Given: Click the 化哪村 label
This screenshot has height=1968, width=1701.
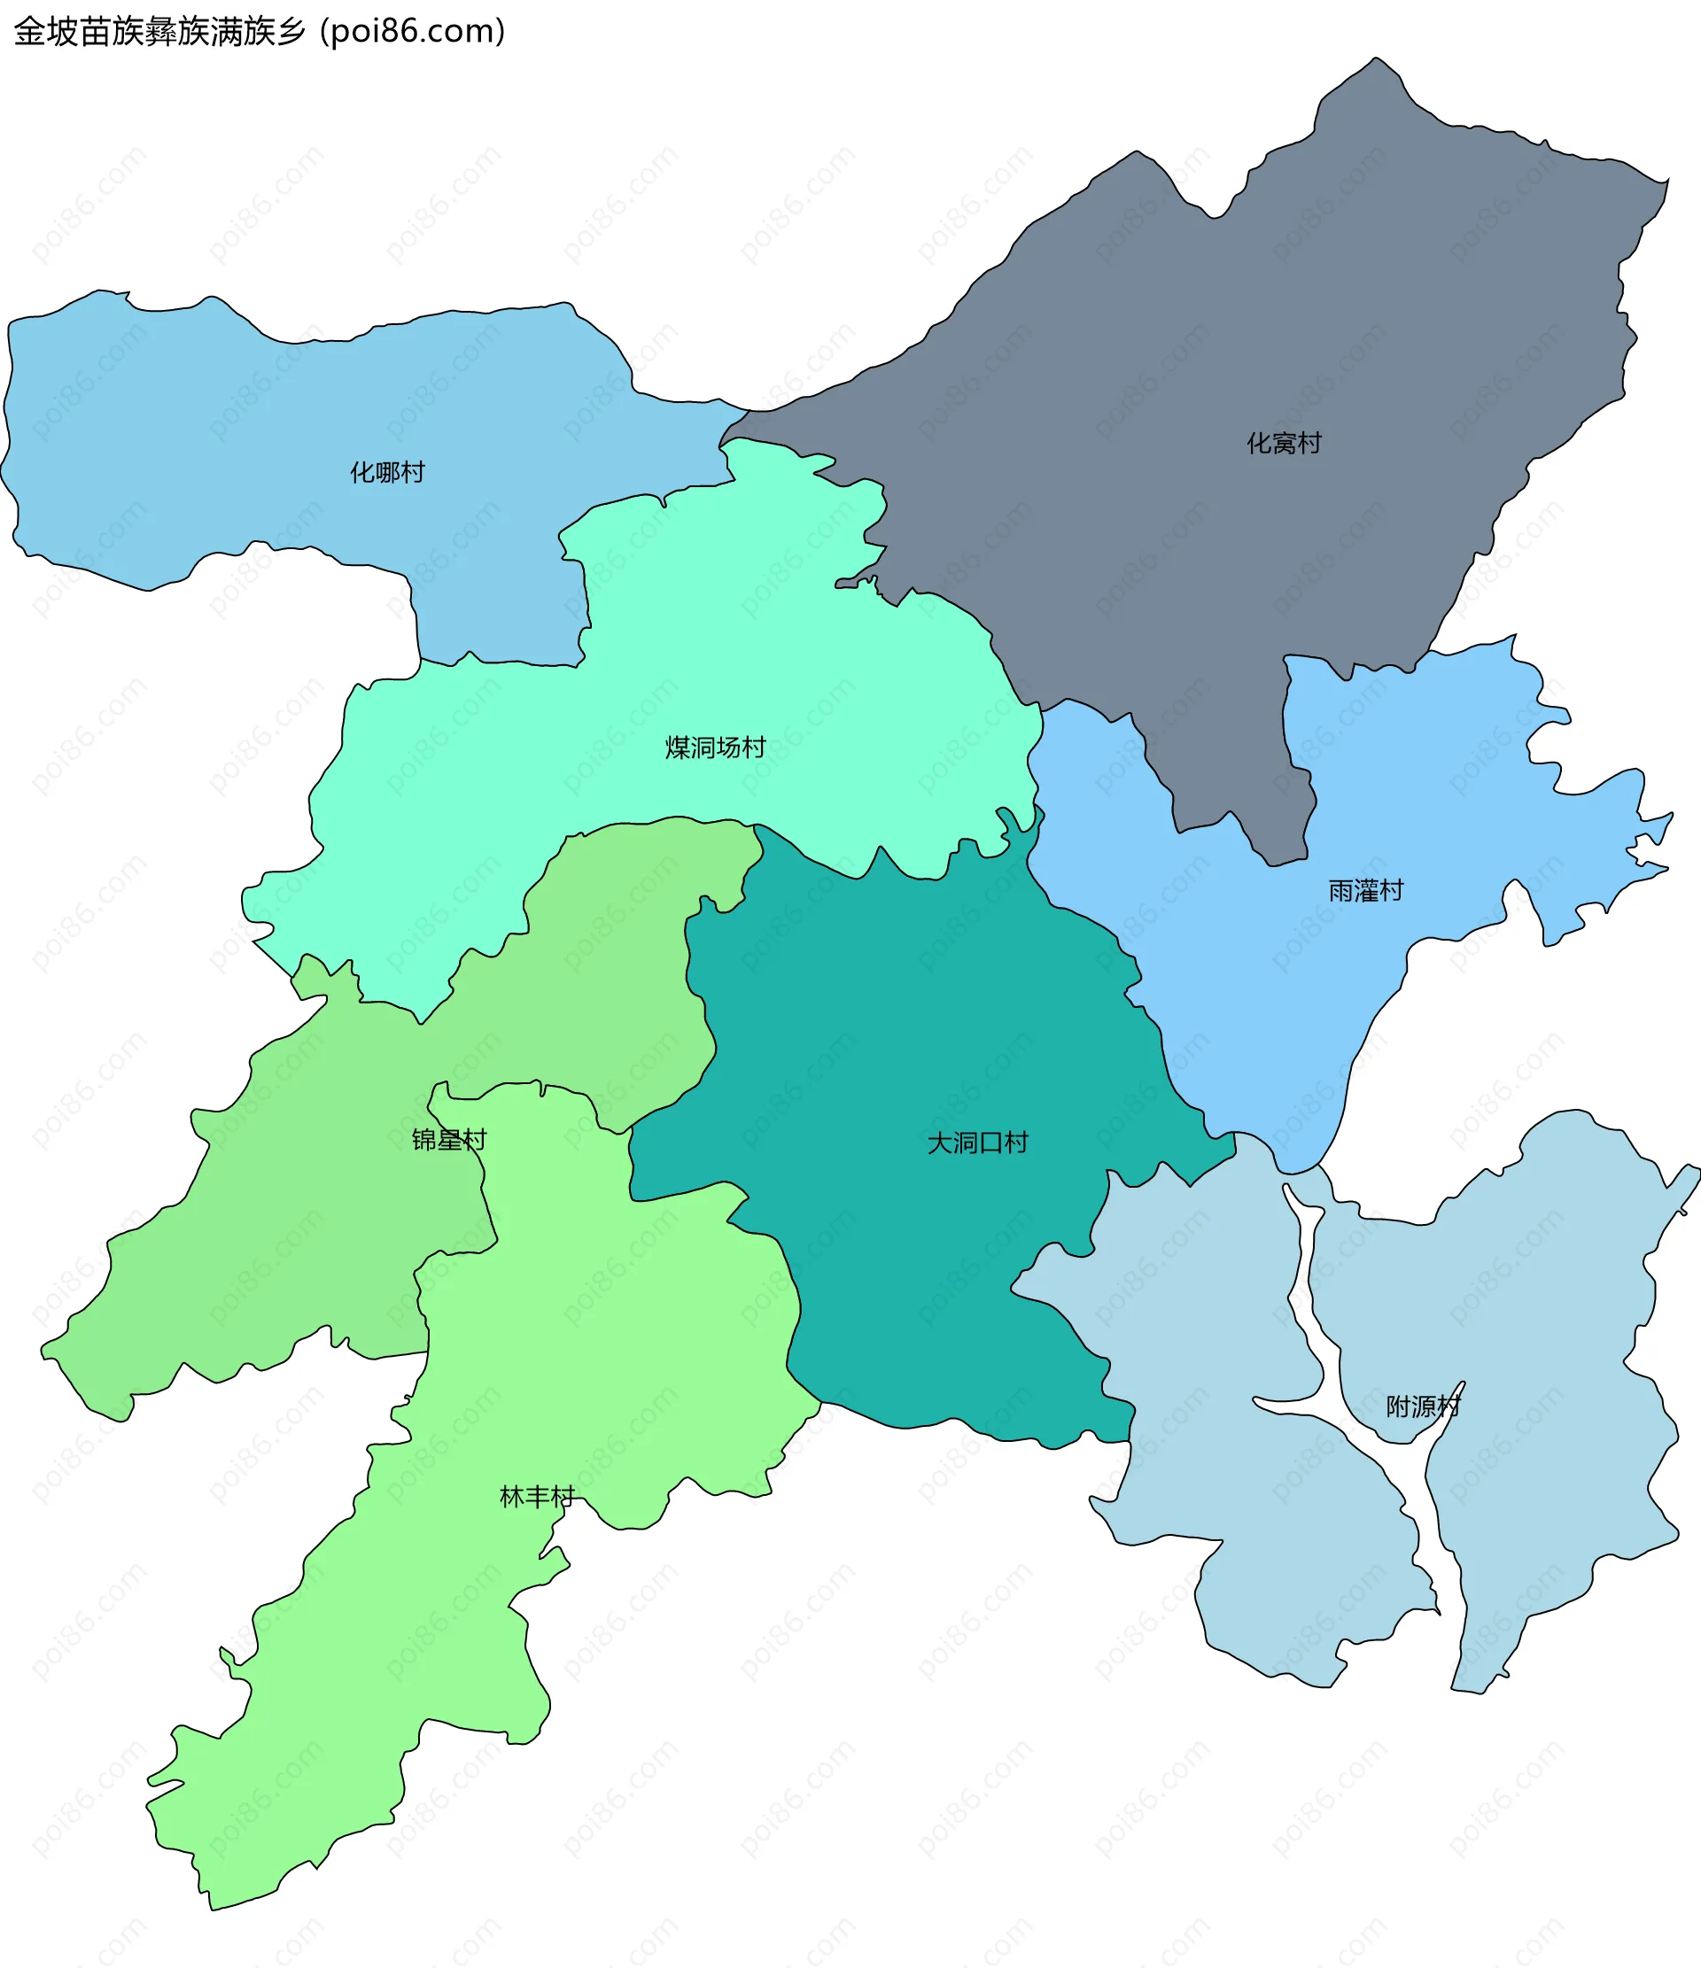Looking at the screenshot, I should click(x=387, y=472).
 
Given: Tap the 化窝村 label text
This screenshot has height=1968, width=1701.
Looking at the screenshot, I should click(x=1284, y=443).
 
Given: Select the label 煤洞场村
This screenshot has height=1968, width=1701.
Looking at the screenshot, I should click(x=715, y=748).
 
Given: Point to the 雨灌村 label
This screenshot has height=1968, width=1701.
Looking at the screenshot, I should click(x=1364, y=890).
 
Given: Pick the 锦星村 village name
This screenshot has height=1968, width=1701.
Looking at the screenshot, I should click(x=448, y=1139).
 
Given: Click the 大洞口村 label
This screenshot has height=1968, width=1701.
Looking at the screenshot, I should click(x=977, y=1142).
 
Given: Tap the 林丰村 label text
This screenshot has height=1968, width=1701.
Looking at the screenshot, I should click(x=537, y=1497).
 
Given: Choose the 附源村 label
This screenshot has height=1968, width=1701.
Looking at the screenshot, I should click(x=1422, y=1406).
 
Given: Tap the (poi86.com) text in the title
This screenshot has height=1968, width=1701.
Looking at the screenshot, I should click(x=413, y=31).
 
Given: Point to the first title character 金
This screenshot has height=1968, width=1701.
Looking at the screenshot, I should click(x=29, y=31).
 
